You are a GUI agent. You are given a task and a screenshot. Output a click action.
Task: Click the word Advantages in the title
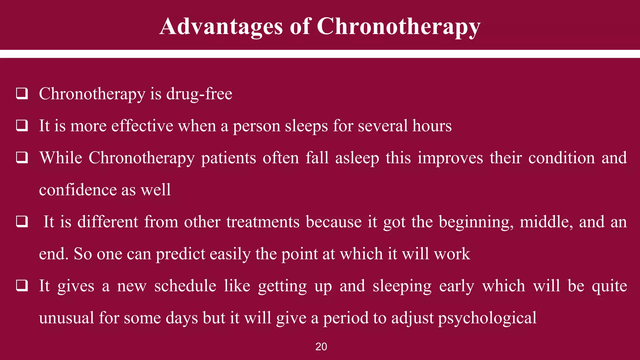coord(221,26)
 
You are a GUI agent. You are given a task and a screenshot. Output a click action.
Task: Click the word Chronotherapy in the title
coord(398,26)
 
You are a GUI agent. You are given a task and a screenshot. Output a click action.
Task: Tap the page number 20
coord(321,347)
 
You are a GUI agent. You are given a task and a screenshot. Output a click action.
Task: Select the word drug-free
coord(199,94)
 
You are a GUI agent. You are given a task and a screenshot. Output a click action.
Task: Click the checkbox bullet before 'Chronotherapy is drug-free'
coord(22,94)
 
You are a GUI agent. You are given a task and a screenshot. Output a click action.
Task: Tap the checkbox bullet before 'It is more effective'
coord(22,126)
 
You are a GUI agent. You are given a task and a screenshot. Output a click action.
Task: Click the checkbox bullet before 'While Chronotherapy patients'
coord(22,158)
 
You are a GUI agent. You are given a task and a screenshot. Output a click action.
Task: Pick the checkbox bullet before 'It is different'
coord(22,222)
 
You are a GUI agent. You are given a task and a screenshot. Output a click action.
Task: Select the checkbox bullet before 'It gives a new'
coord(22,286)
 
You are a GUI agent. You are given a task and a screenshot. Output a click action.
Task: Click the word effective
coord(142,126)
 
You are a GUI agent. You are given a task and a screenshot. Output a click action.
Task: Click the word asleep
coord(357,158)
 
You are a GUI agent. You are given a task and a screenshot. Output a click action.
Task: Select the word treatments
coord(263,222)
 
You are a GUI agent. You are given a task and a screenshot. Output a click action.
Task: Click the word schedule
coord(185,286)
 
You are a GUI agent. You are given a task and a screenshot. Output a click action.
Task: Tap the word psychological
coord(487,318)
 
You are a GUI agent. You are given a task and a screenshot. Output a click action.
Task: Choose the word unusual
coord(66,318)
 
